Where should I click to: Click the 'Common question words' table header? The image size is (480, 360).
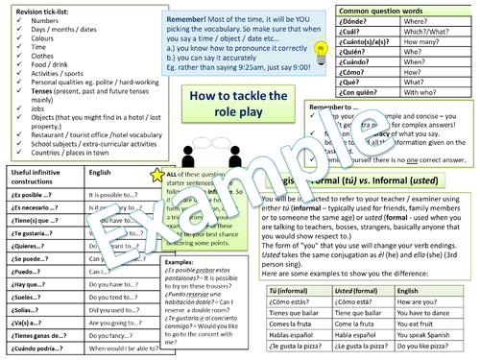point(388,8)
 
